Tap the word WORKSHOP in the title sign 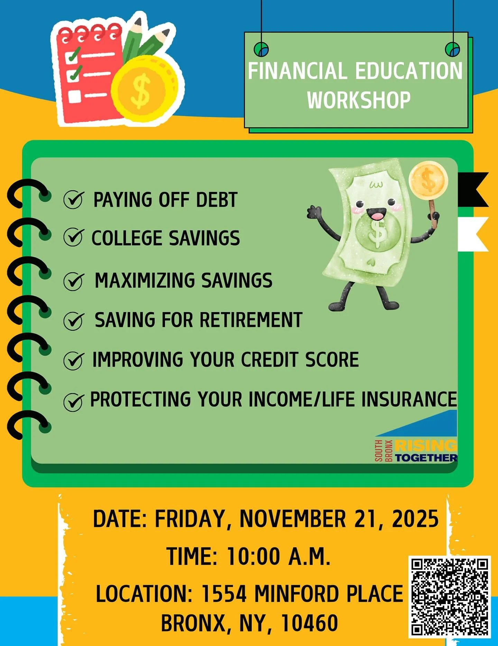359,100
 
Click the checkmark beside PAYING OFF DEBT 73,200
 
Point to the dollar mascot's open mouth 376,214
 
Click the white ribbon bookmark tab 472,234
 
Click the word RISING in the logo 425,445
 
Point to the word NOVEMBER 293,519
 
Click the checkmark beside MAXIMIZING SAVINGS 73,281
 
